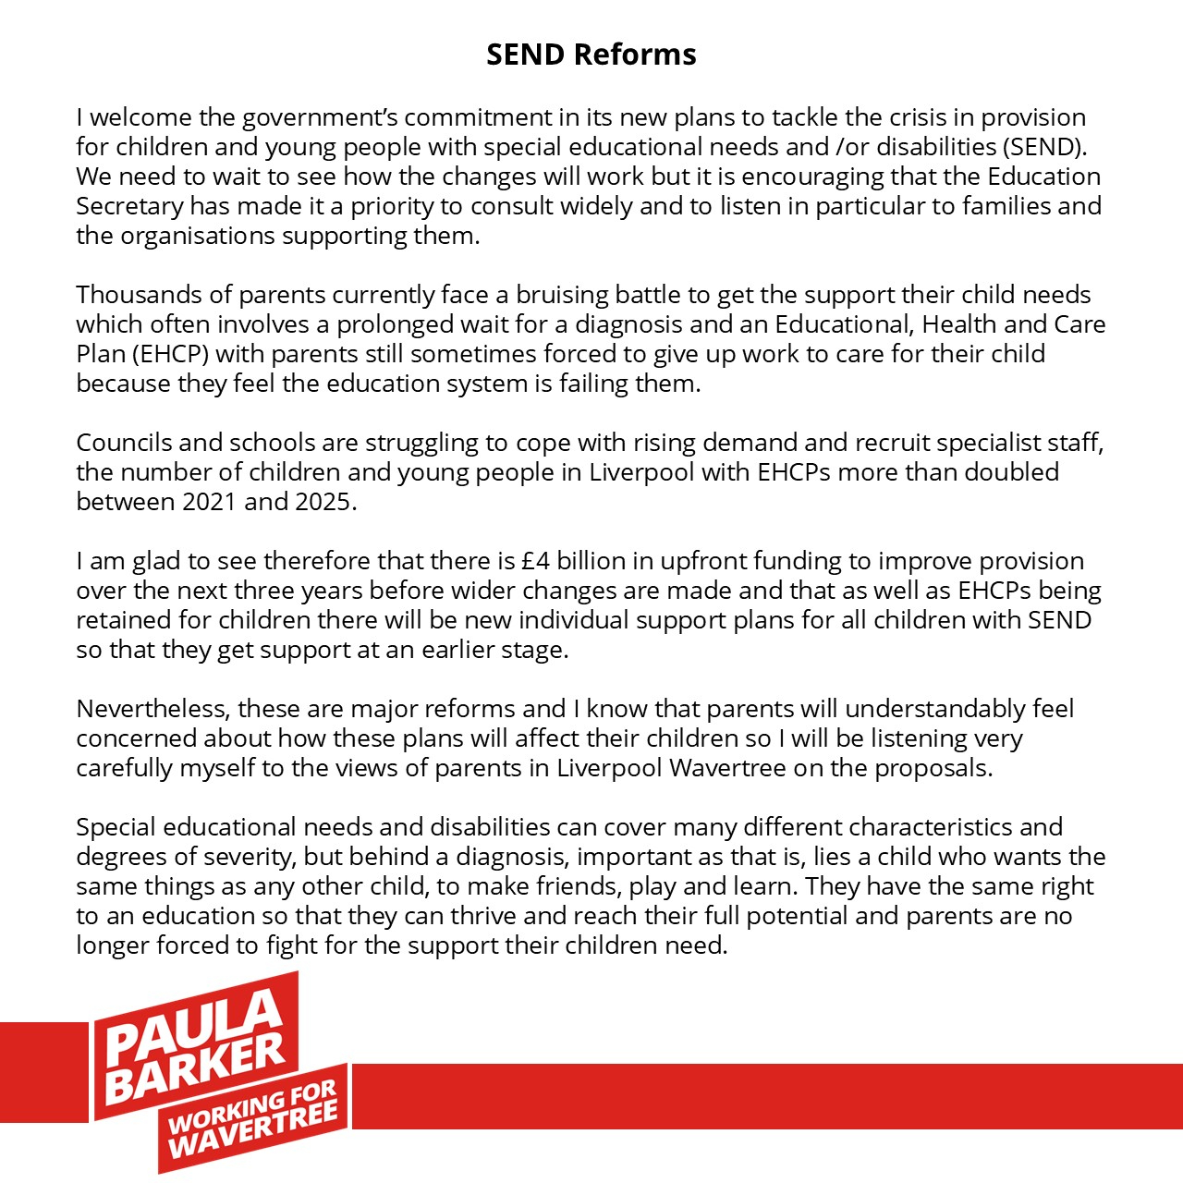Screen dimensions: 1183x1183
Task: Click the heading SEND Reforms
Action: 591,55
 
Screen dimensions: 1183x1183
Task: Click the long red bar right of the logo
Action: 767,1096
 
